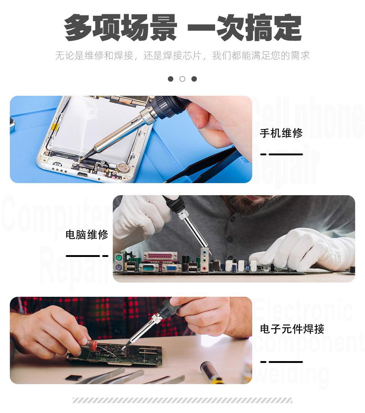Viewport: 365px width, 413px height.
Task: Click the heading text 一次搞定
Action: tap(244, 27)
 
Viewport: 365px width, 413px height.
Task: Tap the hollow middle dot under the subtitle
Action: tap(182, 79)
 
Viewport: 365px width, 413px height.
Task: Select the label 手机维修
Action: tap(281, 133)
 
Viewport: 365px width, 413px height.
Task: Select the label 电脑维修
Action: tap(87, 235)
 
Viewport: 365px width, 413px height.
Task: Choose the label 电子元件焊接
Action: tap(292, 329)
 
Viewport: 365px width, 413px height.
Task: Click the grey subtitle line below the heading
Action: tap(182, 56)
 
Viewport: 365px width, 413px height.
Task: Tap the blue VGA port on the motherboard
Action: tap(172, 268)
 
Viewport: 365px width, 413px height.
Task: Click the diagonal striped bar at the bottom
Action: tap(182, 400)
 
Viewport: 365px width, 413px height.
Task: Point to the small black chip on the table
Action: tap(73, 378)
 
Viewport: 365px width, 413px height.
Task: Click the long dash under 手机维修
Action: tap(286, 155)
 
